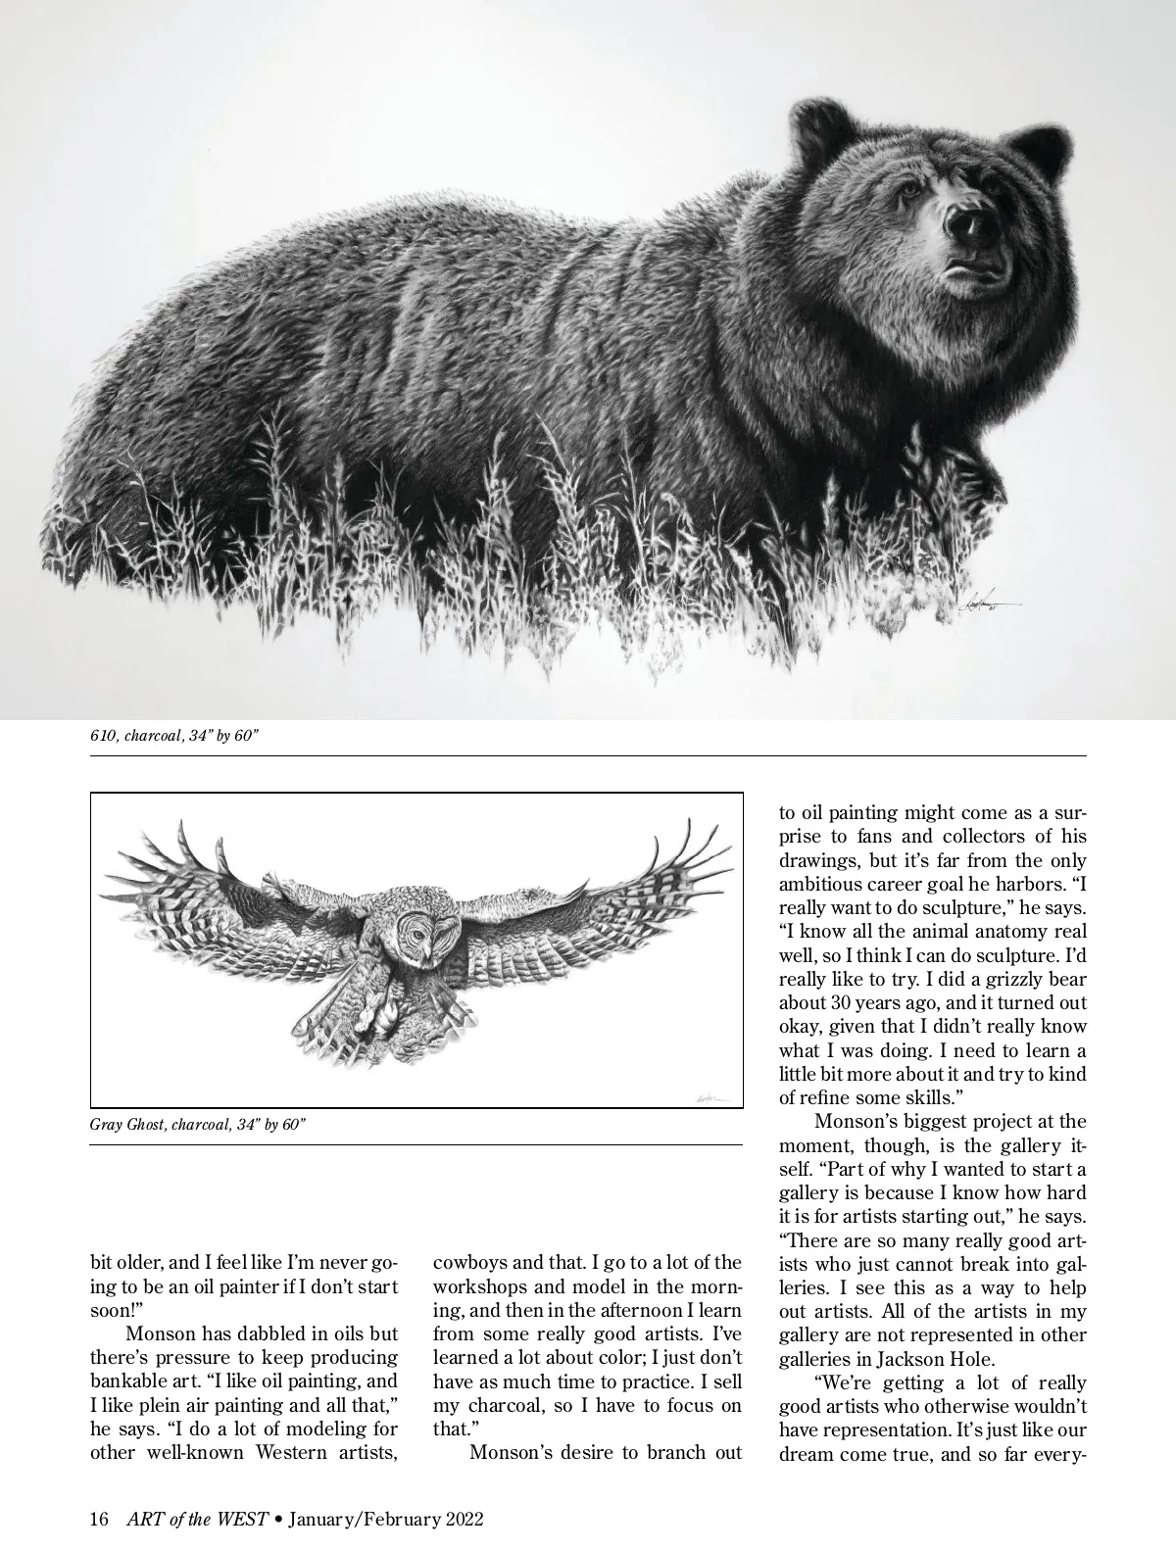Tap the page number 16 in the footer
point(99,1520)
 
